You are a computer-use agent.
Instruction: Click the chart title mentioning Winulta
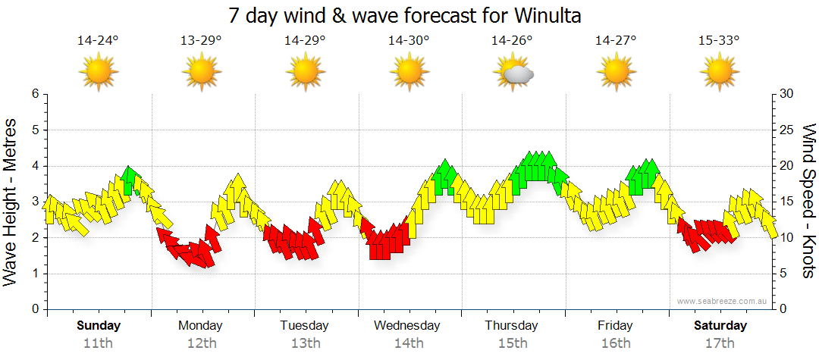point(409,15)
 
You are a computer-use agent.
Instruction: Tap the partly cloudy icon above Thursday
point(513,74)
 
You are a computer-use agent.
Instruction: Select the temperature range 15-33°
point(719,41)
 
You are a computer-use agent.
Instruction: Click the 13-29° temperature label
point(201,41)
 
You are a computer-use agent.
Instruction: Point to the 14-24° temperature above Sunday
point(98,41)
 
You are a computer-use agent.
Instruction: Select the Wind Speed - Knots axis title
point(808,202)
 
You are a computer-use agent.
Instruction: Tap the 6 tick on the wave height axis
point(34,94)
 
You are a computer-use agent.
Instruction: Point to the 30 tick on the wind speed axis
point(787,94)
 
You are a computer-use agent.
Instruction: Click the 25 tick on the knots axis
point(787,130)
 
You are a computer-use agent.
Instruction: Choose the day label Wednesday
point(408,326)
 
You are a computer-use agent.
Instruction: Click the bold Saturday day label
point(720,326)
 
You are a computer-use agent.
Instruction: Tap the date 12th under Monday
point(201,343)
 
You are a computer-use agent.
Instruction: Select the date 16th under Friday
point(615,343)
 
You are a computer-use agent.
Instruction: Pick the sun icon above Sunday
point(98,74)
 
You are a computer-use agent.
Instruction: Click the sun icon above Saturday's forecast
point(719,74)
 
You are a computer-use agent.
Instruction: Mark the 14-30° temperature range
point(409,41)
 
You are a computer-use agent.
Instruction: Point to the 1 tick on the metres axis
point(34,274)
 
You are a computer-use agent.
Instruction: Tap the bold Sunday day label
point(98,326)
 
